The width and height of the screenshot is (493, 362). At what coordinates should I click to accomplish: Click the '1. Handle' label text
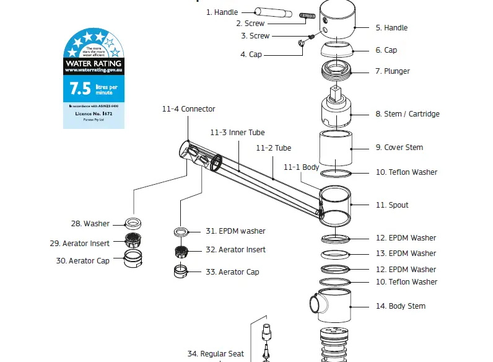(222, 12)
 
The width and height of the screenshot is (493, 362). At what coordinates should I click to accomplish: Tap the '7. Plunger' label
(392, 71)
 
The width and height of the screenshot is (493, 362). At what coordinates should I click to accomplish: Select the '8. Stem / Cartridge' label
(407, 114)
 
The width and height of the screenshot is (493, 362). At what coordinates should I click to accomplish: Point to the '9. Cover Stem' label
(399, 148)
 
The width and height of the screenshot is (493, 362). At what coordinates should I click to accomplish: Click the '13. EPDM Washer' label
(406, 254)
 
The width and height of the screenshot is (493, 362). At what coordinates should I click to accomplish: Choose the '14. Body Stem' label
(400, 306)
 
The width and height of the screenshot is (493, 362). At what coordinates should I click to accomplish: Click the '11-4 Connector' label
(188, 109)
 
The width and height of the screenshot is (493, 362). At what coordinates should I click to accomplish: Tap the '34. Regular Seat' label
(216, 354)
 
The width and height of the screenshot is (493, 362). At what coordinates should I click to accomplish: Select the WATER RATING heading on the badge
(94, 63)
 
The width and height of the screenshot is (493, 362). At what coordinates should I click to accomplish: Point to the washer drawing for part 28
(133, 223)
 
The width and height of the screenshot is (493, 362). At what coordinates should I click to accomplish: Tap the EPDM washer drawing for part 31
(181, 232)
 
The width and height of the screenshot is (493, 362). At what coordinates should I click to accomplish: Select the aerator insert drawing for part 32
(181, 252)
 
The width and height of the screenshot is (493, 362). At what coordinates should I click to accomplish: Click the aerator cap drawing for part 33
(180, 271)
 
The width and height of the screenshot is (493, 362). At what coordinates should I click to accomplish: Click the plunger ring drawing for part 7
(335, 71)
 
